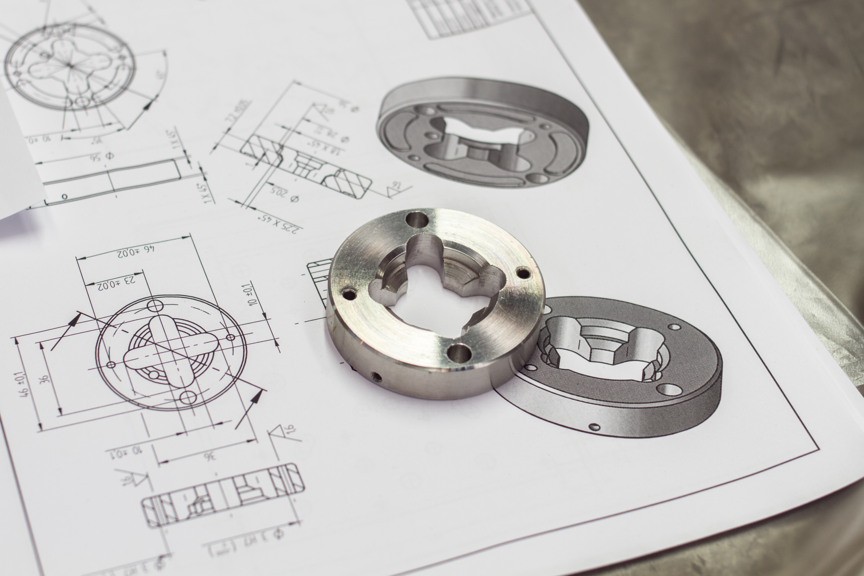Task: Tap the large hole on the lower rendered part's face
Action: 670,389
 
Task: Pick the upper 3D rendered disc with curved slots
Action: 483,132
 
